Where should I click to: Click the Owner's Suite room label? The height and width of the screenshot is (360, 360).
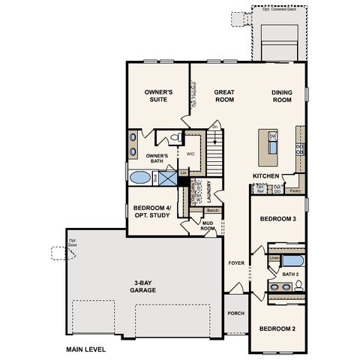(x=158, y=94)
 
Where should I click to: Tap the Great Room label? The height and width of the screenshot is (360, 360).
(x=226, y=94)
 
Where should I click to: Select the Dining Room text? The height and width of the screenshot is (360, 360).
(x=282, y=94)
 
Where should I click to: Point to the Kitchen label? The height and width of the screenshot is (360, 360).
(x=266, y=175)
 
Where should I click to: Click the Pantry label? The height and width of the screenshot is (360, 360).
(x=295, y=191)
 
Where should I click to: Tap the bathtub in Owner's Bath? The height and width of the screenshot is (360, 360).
(x=139, y=178)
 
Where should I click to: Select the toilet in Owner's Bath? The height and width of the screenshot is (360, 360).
(x=173, y=138)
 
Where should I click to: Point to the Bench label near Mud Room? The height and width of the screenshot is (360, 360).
(x=212, y=211)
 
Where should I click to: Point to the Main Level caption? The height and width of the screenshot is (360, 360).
(x=85, y=349)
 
